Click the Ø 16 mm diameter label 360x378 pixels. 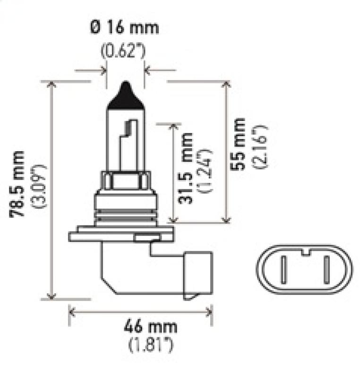tap(125, 27)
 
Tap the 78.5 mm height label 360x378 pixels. tap(18, 184)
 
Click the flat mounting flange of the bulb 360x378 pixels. tap(120, 234)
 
